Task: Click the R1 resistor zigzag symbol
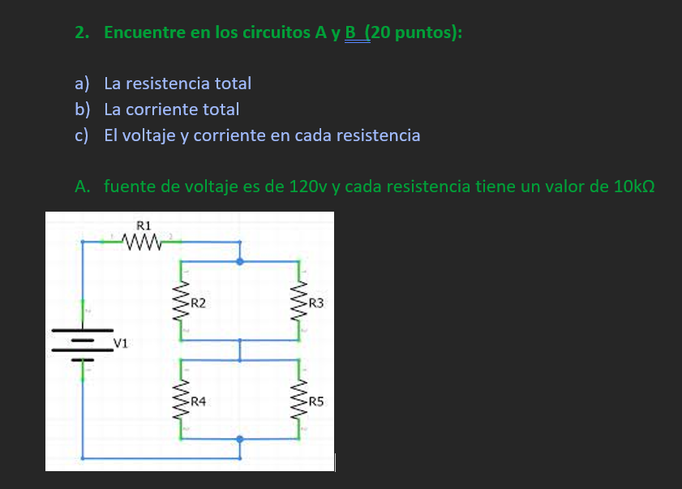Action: pos(144,240)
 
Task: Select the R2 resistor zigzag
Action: pos(181,303)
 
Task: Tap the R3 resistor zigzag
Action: pos(301,303)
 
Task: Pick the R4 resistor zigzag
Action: pos(181,401)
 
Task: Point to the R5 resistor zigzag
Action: pos(301,401)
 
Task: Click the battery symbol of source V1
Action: pos(83,341)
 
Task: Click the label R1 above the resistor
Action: pos(144,223)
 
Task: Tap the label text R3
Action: pos(316,303)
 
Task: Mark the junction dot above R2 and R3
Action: pos(240,261)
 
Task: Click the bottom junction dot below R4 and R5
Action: pos(240,440)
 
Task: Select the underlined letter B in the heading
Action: pos(350,33)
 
